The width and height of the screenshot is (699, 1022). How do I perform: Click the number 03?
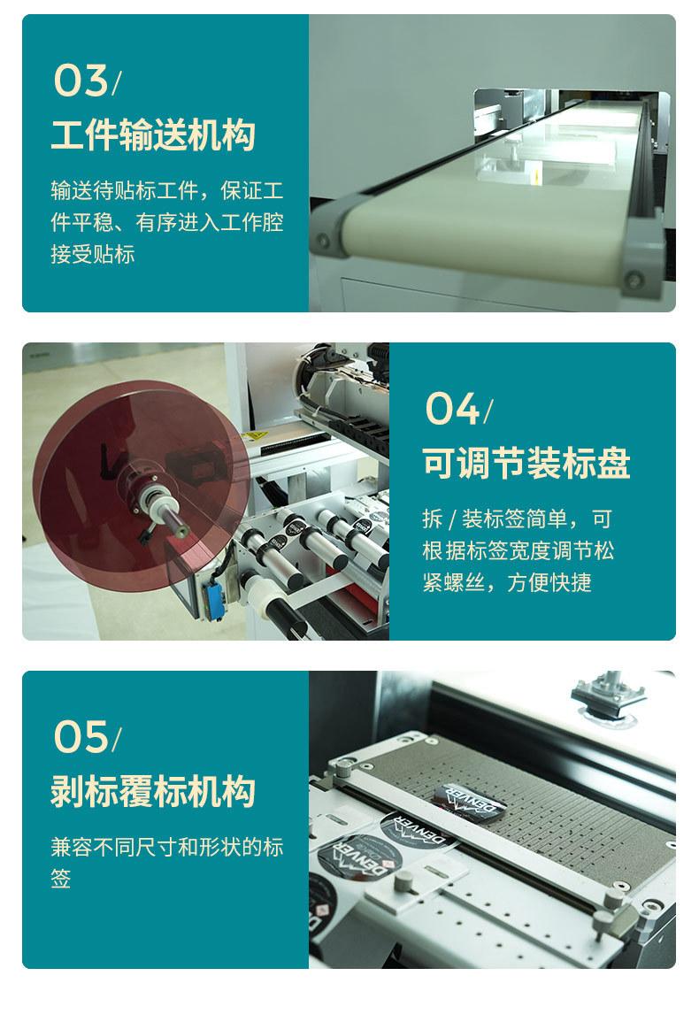(81, 81)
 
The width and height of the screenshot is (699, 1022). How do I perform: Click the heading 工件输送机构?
(153, 134)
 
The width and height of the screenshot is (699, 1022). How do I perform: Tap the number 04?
(452, 409)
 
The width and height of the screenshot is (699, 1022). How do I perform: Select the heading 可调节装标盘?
(526, 464)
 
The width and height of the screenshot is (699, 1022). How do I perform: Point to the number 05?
(81, 737)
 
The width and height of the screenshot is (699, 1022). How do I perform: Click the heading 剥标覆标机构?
(153, 791)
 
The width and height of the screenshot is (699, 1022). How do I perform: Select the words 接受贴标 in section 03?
(93, 254)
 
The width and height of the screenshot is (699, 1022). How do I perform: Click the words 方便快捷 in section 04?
(549, 582)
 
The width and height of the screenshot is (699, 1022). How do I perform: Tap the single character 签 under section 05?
(61, 878)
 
